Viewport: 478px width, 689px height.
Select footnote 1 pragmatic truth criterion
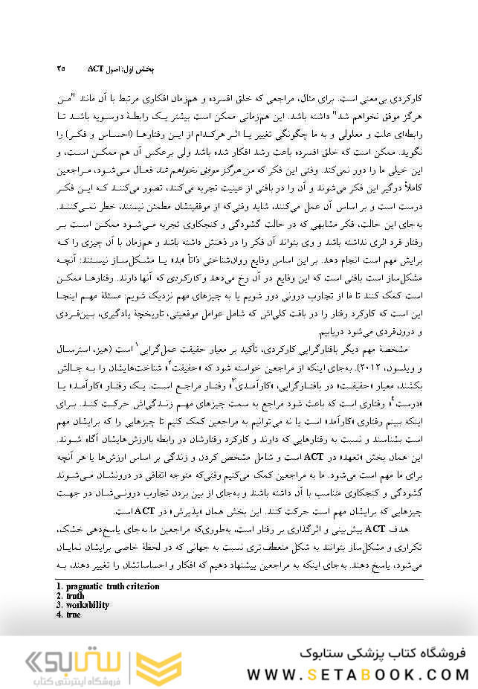pyautogui.click(x=108, y=586)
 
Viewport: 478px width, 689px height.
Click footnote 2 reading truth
pyautogui.click(x=74, y=596)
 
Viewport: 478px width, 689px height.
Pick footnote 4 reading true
pyautogui.click(x=73, y=615)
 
